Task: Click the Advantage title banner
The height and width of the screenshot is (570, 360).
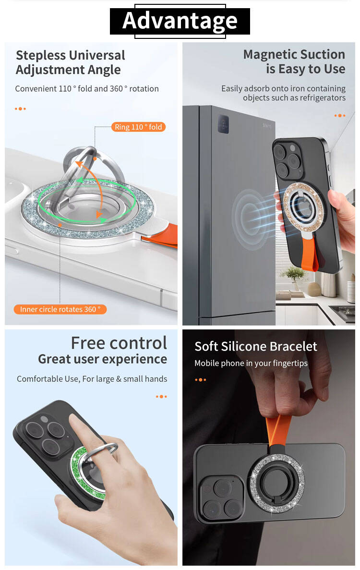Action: (180, 21)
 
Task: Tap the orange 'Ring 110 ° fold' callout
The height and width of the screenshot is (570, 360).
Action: (138, 127)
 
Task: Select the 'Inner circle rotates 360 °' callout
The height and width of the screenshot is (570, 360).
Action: (60, 309)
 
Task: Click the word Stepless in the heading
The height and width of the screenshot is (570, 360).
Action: (40, 56)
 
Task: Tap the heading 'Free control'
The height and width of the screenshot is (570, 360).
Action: (119, 343)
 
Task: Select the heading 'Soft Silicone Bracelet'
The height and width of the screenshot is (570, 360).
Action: (256, 346)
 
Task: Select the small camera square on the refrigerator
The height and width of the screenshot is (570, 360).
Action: (223, 123)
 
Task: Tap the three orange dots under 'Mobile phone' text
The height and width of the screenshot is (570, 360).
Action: (201, 380)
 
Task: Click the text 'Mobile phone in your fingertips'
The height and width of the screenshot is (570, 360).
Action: (251, 364)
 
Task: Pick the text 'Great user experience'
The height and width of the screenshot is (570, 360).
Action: (102, 359)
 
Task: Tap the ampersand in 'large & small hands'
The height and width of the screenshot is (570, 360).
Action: (119, 379)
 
